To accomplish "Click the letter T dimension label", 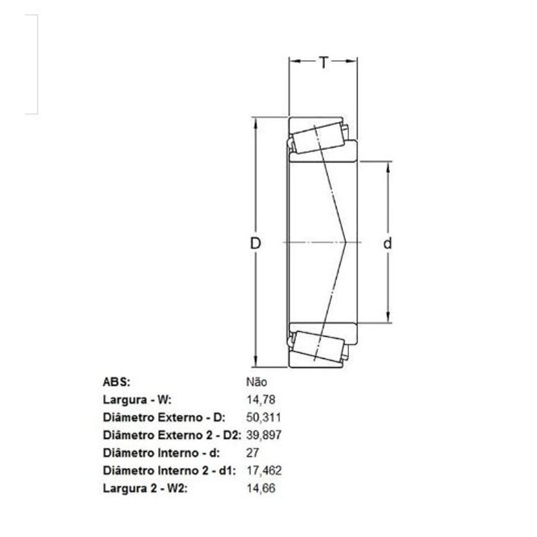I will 324,63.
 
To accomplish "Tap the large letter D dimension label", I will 255,243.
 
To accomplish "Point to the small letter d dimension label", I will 387,244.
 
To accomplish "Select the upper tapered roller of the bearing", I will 318,140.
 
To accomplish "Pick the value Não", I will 257,382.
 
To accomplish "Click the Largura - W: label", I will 138,399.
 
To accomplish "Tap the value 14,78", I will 262,399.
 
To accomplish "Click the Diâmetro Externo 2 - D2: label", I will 171,435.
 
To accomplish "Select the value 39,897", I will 264,435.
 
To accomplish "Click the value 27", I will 253,452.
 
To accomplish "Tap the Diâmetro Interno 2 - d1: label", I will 168,471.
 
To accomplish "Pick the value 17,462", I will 264,471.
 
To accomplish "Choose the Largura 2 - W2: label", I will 144,488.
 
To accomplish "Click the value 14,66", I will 262,488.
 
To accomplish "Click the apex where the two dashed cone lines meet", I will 346,242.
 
